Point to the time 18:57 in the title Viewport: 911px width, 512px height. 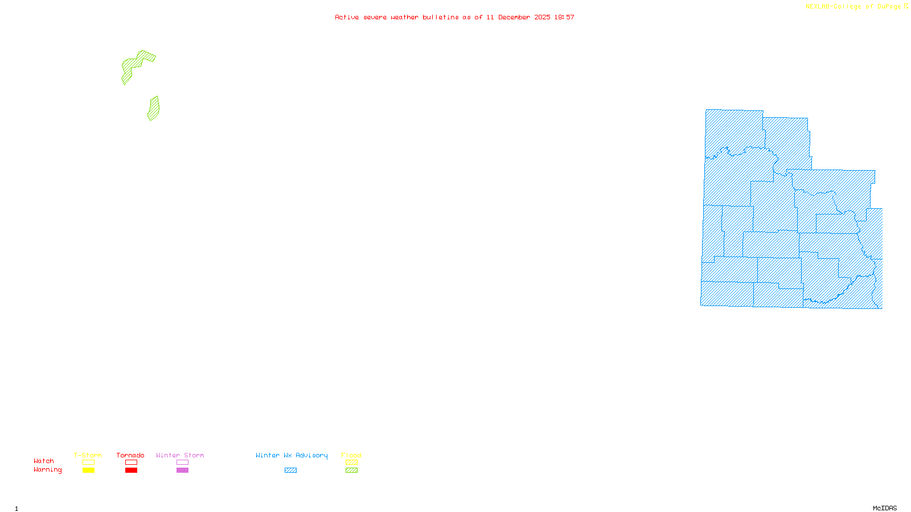coord(564,17)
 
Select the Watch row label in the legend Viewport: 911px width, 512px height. coord(44,461)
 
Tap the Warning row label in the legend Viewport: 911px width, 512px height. coord(47,470)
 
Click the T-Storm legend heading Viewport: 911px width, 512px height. coord(88,455)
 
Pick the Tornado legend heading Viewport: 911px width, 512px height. coord(130,455)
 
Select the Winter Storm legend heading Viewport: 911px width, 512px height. coord(180,455)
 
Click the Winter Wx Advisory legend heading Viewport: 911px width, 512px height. coord(292,455)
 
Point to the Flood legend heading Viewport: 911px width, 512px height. coord(351,455)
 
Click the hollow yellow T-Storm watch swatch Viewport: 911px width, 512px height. coord(88,463)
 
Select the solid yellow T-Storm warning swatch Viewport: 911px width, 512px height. coord(88,470)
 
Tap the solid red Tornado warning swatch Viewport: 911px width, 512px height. coord(131,470)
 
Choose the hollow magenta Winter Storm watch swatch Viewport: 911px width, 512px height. coord(182,463)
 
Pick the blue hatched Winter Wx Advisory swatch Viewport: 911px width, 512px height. coord(290,470)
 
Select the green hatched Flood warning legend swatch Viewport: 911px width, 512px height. coord(351,470)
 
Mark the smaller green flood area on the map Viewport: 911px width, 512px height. coord(153,109)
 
